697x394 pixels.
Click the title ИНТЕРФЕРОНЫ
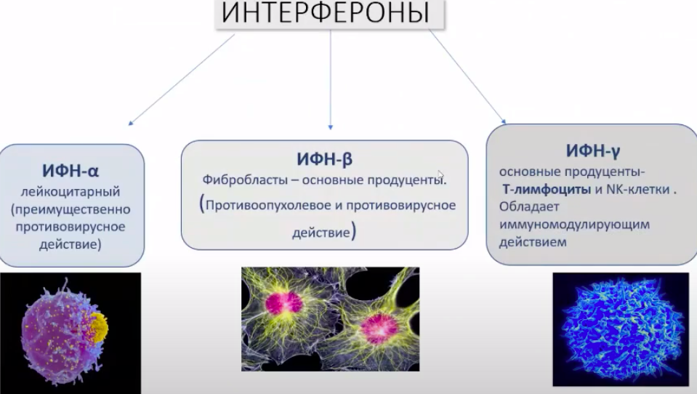point(326,12)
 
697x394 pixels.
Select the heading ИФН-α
point(70,171)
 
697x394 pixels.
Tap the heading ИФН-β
point(324,159)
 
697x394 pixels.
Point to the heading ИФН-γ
point(592,151)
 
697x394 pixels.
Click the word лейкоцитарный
point(70,192)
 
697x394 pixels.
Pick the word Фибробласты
point(245,180)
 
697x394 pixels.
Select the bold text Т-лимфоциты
point(547,190)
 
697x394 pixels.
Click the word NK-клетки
point(638,190)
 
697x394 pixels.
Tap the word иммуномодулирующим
point(574,225)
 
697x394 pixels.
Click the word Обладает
point(529,206)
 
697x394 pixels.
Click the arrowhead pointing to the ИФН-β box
point(330,127)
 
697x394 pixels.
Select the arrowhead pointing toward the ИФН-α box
point(131,123)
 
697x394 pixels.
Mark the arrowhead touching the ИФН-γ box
point(504,121)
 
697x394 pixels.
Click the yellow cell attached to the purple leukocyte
point(99,327)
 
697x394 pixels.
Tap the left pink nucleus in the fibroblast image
point(284,304)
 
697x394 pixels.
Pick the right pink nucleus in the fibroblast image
point(379,329)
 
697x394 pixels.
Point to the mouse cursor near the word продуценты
point(440,174)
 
